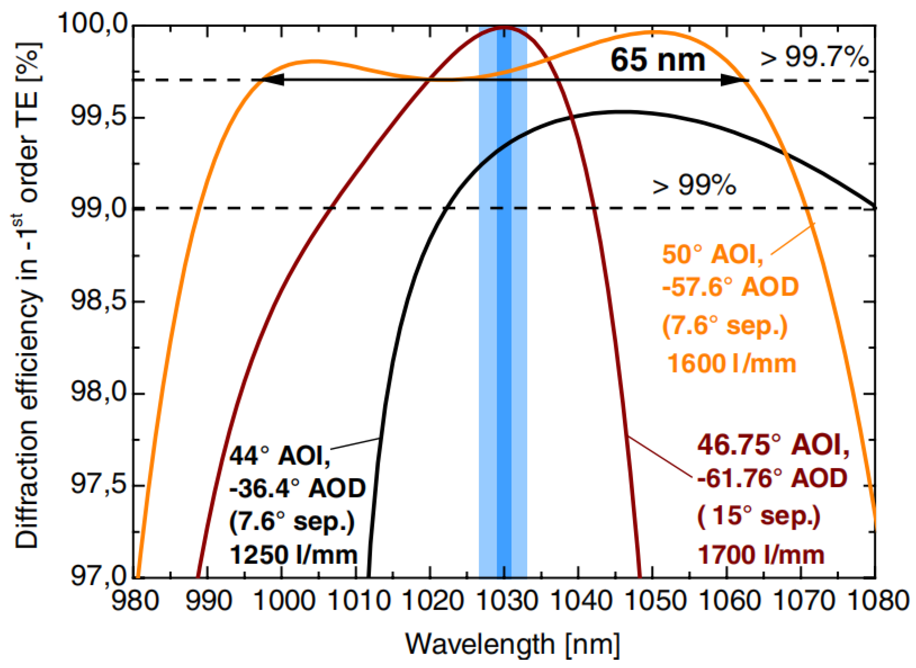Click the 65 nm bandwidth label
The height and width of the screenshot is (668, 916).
(658, 60)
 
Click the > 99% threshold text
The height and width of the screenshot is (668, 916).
(695, 186)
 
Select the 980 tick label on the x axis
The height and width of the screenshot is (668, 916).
(135, 601)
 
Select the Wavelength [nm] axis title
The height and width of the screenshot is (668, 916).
(512, 644)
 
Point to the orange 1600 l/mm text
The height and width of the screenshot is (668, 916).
(731, 363)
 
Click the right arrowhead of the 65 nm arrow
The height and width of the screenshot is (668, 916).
(733, 80)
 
